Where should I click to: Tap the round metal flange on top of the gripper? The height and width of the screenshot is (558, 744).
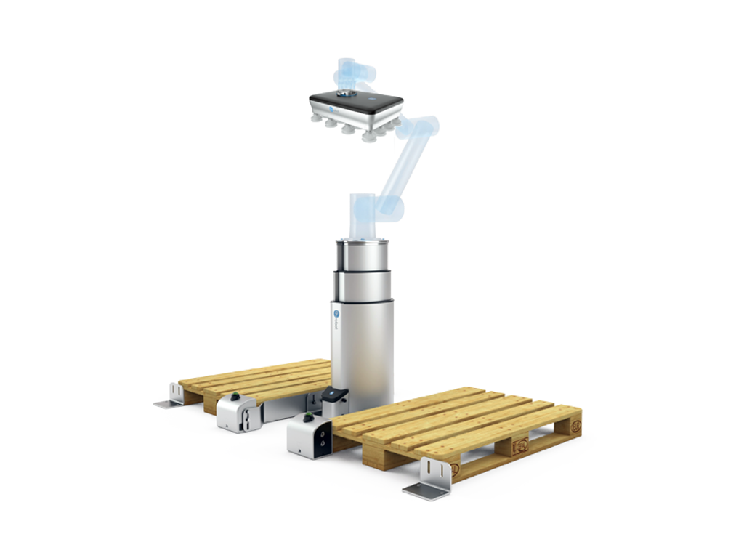coord(347,93)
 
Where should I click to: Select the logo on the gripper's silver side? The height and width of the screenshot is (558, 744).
coord(328,108)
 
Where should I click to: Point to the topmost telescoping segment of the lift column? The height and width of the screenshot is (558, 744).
coord(363,255)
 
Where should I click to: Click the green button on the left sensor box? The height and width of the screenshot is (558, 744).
coord(234,397)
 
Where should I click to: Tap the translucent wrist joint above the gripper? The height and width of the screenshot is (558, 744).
coord(356,73)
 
